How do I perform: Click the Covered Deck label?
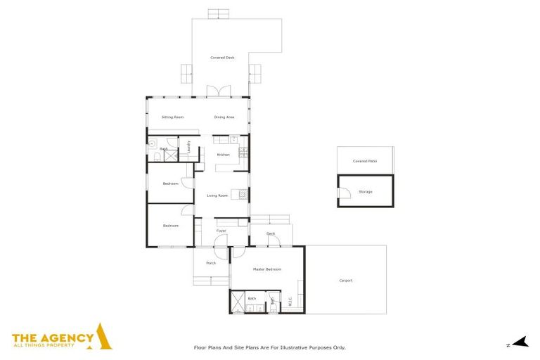pyautogui.click(x=222, y=58)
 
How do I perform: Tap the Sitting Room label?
pyautogui.click(x=172, y=117)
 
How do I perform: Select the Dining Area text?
pyautogui.click(x=224, y=117)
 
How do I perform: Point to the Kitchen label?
pyautogui.click(x=223, y=155)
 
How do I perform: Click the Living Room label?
pyautogui.click(x=217, y=195)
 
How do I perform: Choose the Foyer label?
pyautogui.click(x=221, y=231)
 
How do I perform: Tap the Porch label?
pyautogui.click(x=210, y=263)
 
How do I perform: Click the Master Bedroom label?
pyautogui.click(x=267, y=269)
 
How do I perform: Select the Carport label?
pyautogui.click(x=346, y=281)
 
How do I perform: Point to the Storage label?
pyautogui.click(x=365, y=191)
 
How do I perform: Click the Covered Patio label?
pyautogui.click(x=365, y=161)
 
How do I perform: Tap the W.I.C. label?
pyautogui.click(x=290, y=301)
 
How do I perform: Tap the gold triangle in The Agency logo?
pyautogui.click(x=103, y=337)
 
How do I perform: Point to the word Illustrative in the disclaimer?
pyautogui.click(x=304, y=347)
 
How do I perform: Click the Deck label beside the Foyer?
pyautogui.click(x=270, y=233)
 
